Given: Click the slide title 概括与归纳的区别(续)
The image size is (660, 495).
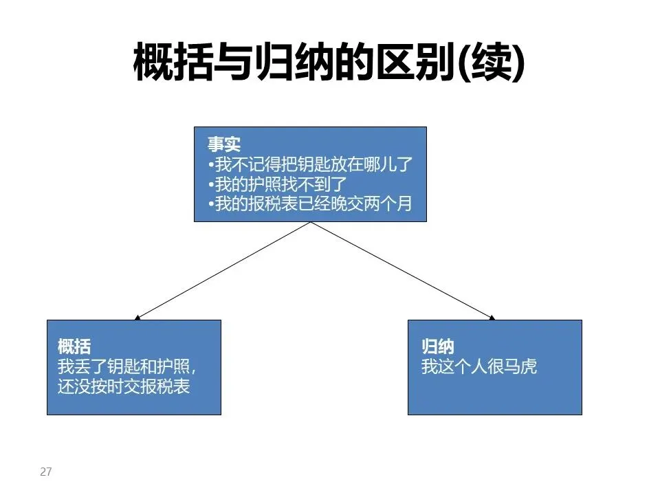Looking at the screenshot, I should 329,63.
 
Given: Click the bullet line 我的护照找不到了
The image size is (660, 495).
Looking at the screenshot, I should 279,185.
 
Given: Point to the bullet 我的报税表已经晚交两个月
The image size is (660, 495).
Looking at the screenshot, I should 309,205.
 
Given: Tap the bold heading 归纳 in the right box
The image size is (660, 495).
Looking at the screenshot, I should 437,346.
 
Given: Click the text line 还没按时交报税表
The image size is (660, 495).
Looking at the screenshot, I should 124,386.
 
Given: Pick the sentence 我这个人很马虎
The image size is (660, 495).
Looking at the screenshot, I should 478,366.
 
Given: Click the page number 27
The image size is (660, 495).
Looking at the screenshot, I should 46,472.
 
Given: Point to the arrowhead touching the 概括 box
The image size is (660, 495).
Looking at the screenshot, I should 138,318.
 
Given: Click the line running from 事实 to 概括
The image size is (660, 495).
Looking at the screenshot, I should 223,270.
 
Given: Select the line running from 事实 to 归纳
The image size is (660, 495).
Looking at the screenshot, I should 402,270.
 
